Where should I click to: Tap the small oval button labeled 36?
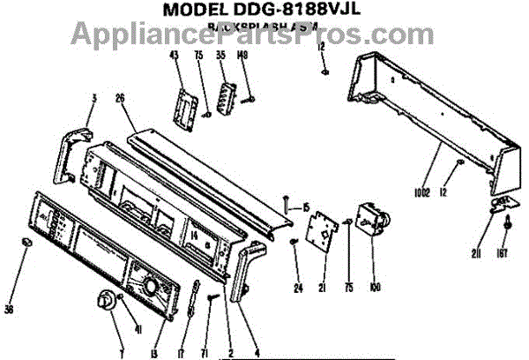28,241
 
